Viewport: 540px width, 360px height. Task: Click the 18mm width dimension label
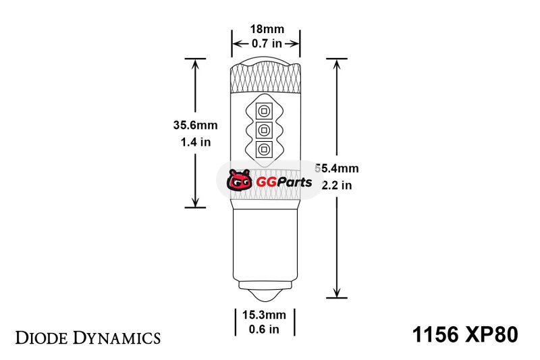pyautogui.click(x=267, y=29)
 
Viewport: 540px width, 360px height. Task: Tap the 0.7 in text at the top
pyautogui.click(x=267, y=44)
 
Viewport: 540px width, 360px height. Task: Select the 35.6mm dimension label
pyautogui.click(x=195, y=125)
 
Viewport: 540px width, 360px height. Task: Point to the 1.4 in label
pyautogui.click(x=196, y=142)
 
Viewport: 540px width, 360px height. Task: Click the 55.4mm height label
pyautogui.click(x=337, y=168)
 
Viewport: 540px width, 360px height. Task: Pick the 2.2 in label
pyautogui.click(x=337, y=185)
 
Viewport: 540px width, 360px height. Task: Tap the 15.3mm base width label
pyautogui.click(x=264, y=315)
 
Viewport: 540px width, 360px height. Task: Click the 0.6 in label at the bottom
pyautogui.click(x=264, y=330)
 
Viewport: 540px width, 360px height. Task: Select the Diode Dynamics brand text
pyautogui.click(x=88, y=338)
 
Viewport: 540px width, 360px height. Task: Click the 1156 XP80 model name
pyautogui.click(x=465, y=334)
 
